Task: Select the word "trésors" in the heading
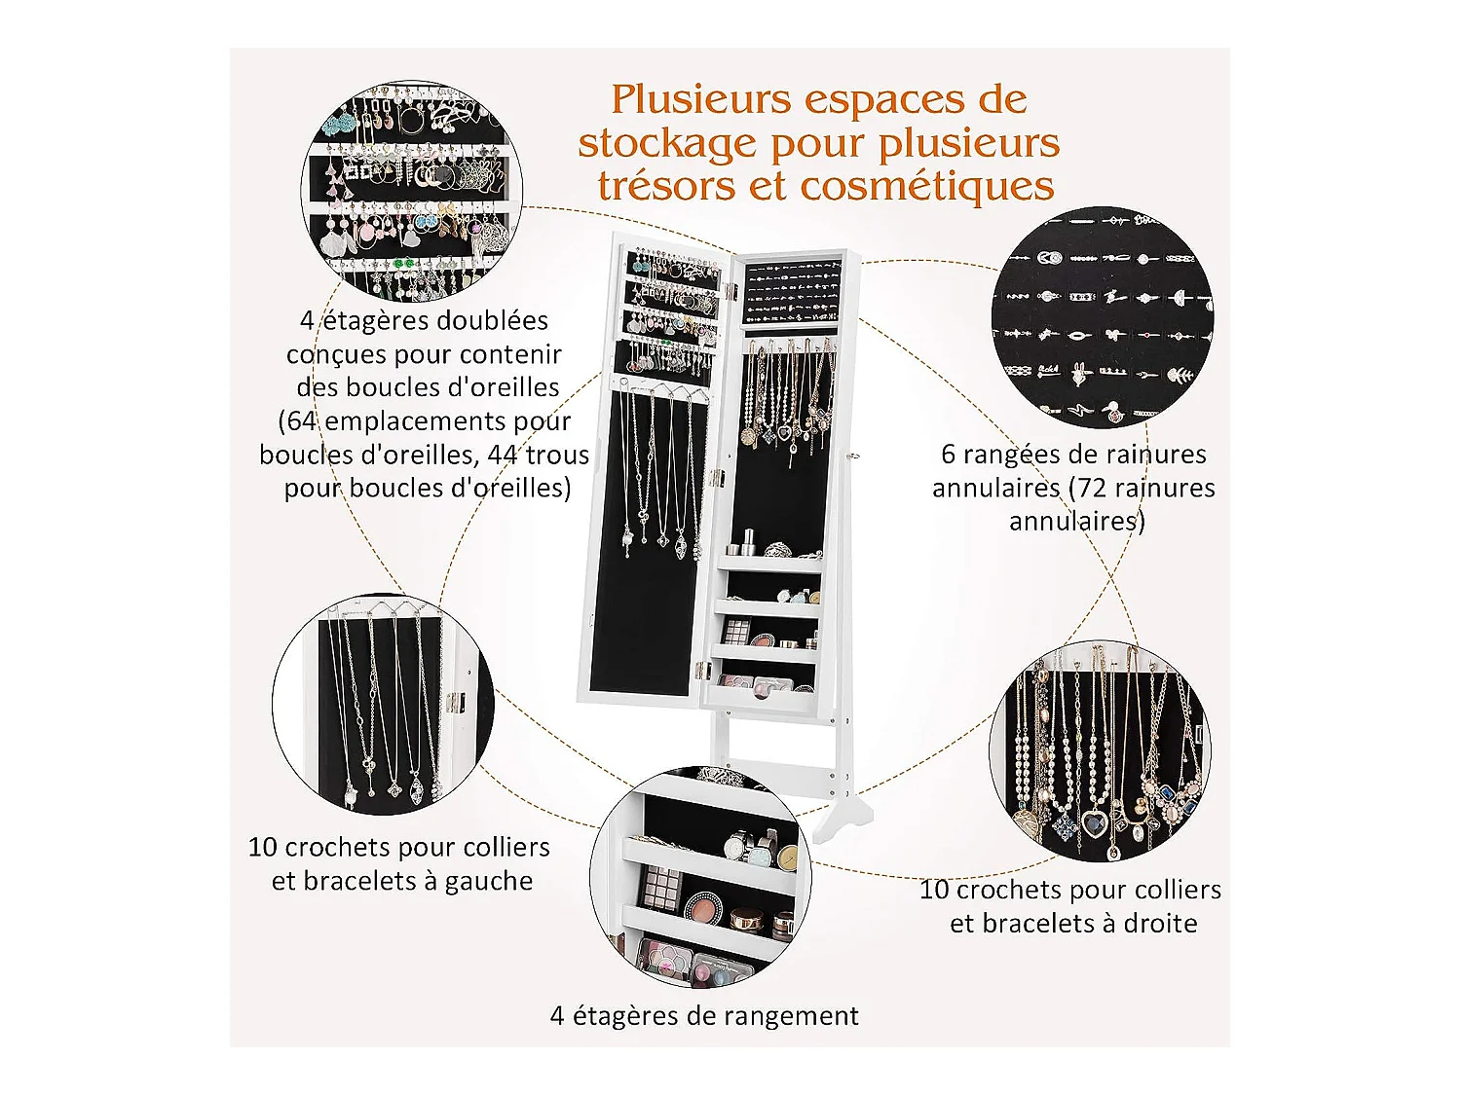pos(666,186)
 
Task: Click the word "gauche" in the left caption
pos(489,883)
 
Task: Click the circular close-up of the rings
pos(1102,317)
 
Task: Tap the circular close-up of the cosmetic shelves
pos(700,877)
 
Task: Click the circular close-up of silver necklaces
pos(383,705)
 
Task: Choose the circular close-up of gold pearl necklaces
pos(1100,751)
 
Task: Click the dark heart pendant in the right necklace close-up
pos(1093,823)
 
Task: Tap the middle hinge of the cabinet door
pos(716,476)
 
